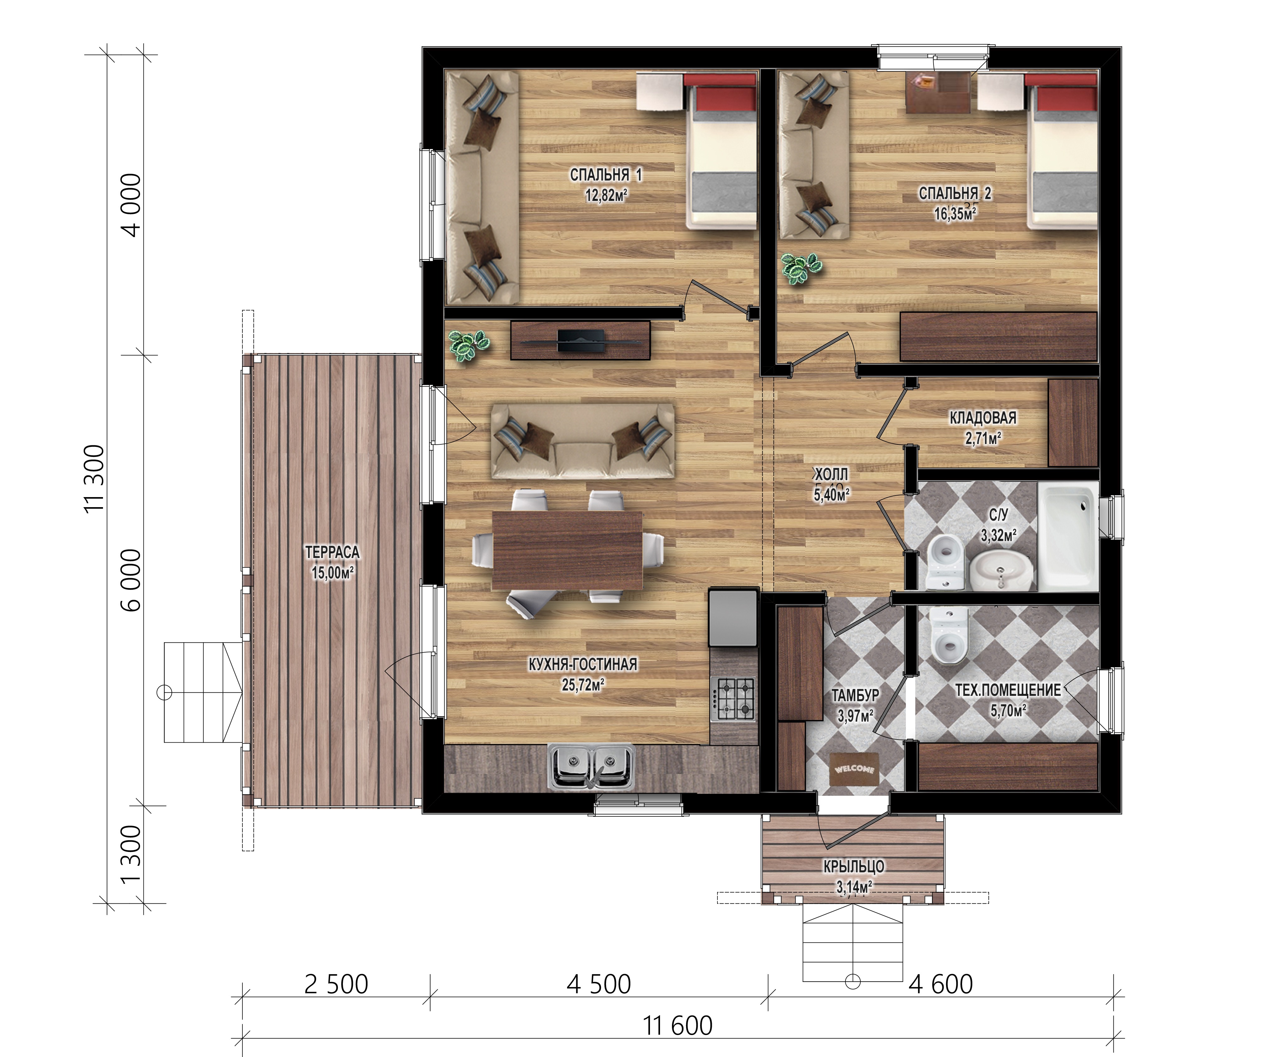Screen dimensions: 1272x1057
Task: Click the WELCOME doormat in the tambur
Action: click(854, 769)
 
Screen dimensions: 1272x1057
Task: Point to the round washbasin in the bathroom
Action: click(999, 569)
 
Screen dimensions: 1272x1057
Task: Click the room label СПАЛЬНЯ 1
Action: click(606, 175)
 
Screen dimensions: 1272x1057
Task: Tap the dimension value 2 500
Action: click(336, 984)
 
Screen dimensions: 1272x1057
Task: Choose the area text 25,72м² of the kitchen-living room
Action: click(583, 685)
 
